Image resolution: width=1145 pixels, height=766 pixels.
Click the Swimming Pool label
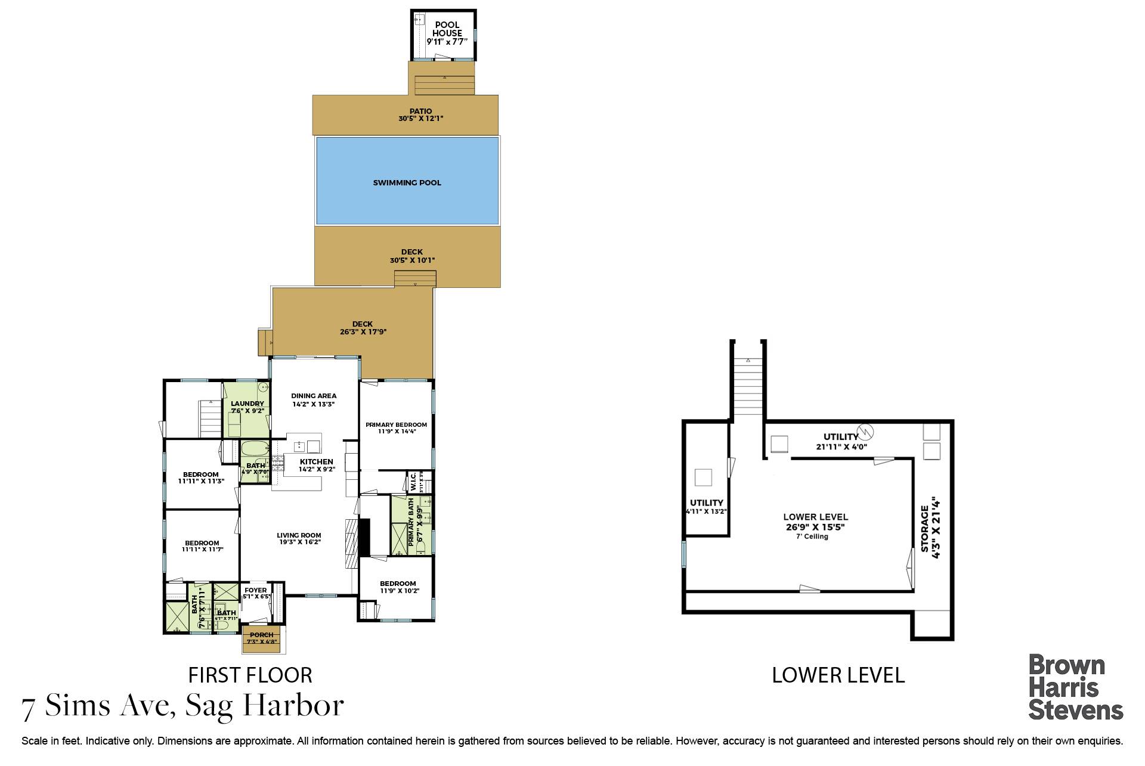(407, 183)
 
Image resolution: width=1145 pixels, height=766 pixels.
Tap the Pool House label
(447, 29)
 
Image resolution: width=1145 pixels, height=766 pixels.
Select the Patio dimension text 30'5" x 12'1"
(420, 119)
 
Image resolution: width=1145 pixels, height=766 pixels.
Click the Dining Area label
(314, 396)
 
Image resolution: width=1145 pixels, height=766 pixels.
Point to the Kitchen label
(316, 462)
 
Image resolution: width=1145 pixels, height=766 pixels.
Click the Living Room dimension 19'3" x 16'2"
(299, 542)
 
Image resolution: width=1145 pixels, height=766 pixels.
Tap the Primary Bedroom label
(396, 425)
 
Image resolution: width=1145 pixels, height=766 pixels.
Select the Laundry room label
(247, 404)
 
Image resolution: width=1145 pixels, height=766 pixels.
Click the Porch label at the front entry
(261, 635)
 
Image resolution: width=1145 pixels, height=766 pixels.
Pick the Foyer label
(256, 591)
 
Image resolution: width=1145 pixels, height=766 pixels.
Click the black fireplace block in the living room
(364, 537)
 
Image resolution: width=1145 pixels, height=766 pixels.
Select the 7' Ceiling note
(812, 536)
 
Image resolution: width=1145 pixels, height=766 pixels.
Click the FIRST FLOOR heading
(250, 675)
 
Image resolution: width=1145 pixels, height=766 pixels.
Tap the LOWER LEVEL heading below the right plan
(838, 675)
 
